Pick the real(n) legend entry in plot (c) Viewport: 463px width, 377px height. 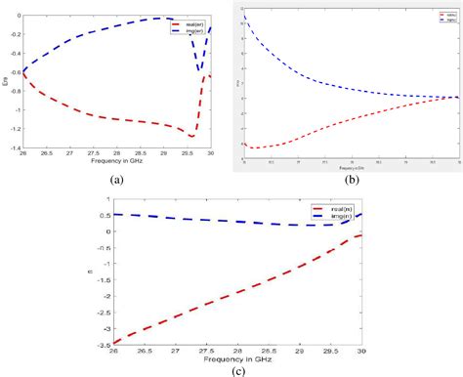point(330,208)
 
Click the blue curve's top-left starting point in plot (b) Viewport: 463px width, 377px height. point(244,17)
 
